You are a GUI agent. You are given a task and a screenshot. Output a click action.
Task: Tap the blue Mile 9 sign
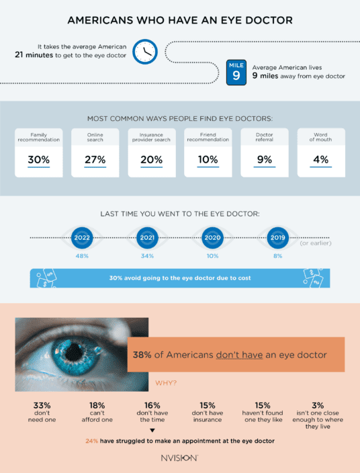coord(236,72)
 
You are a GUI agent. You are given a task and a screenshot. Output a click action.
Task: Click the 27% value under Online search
coord(95,159)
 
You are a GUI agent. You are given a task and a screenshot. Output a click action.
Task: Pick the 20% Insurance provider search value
coord(152,159)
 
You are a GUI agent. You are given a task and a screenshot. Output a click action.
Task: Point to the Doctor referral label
coord(265,137)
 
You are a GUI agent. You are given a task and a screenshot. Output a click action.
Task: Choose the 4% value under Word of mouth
coord(321,159)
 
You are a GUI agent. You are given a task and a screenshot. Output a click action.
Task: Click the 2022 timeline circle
coord(82,237)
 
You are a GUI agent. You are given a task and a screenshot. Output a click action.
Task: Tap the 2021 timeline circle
coord(147,237)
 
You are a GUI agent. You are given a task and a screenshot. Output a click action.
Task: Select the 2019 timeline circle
coord(277,237)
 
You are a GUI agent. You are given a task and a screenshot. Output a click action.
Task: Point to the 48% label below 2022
coord(82,257)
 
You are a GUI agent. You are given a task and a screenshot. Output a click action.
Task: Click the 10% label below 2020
coord(212,257)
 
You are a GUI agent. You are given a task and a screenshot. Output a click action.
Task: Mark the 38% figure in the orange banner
coord(142,355)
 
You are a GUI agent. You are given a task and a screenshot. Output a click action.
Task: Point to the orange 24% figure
coord(91,441)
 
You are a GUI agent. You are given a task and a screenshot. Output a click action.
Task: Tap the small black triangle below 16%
coord(152,430)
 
